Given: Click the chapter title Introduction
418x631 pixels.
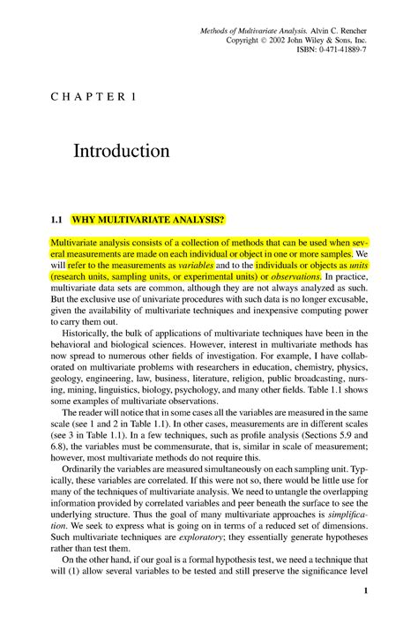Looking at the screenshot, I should (122, 151).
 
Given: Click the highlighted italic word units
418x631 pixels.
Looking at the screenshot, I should (357, 264).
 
